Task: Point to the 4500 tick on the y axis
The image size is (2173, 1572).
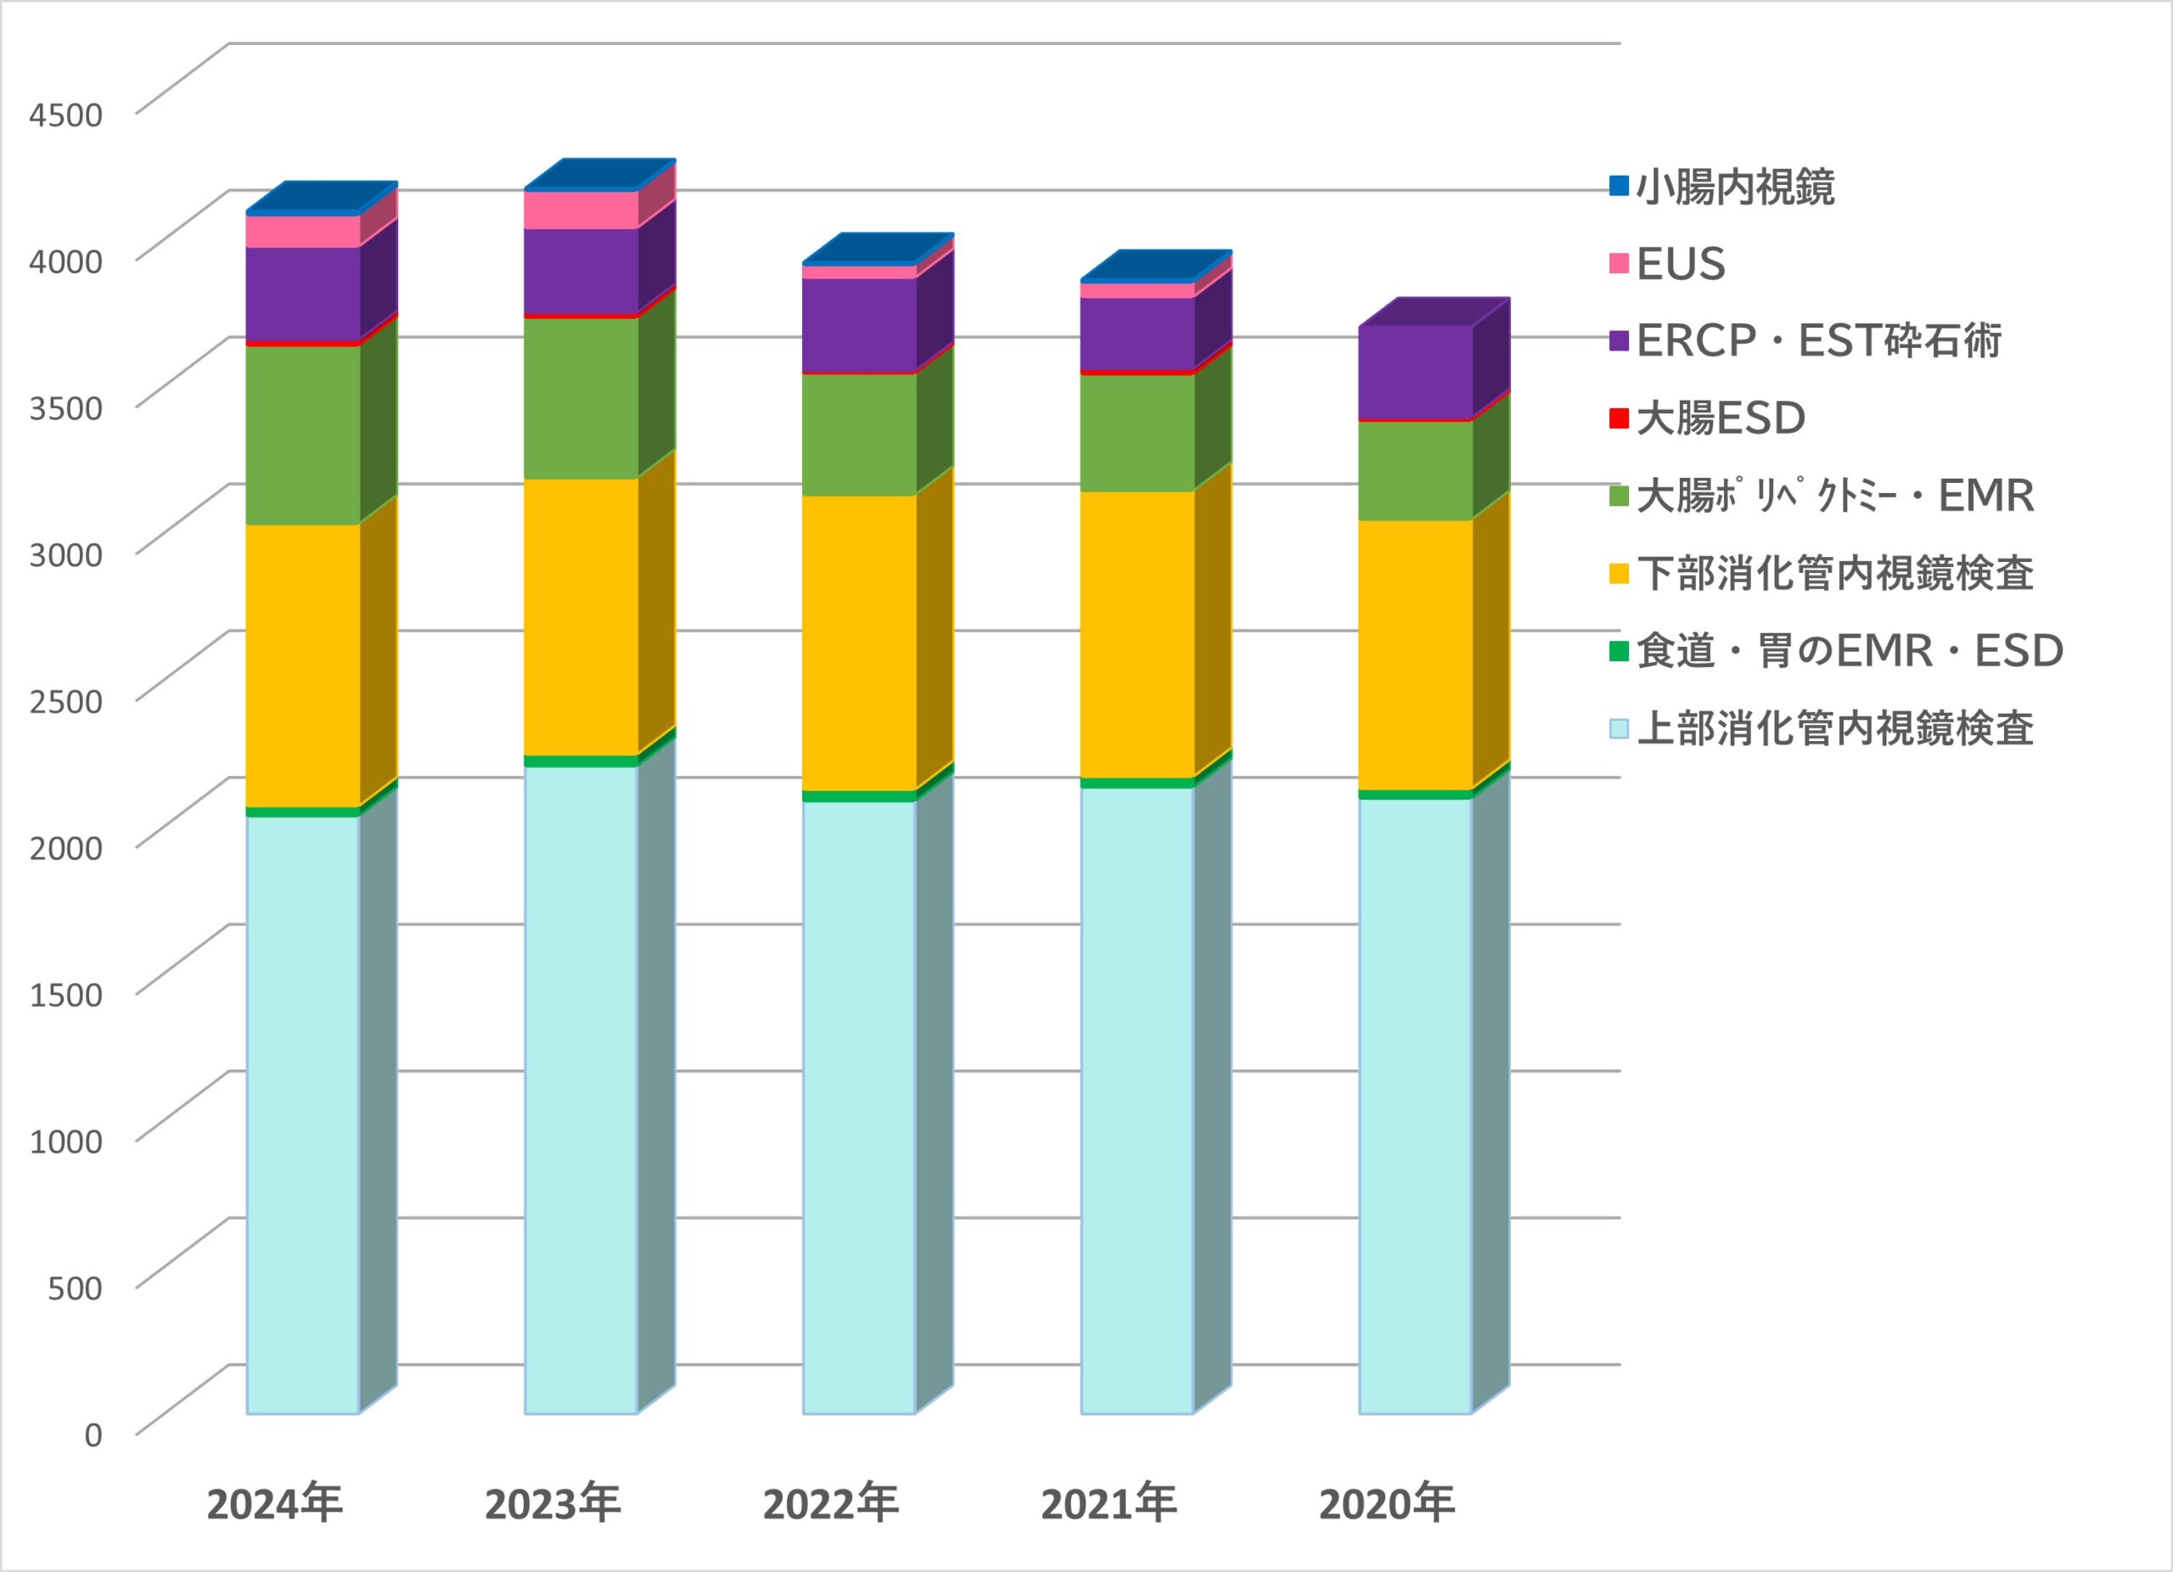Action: click(x=65, y=115)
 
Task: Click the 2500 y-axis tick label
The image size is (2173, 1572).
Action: click(x=65, y=701)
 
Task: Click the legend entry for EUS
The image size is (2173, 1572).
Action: click(x=1681, y=264)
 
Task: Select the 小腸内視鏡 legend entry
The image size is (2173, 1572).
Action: click(x=1735, y=187)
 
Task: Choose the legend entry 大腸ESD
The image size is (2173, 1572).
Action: click(x=1721, y=418)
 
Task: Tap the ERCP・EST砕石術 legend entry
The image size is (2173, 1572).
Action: click(x=1818, y=341)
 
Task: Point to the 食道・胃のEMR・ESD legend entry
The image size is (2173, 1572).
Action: click(x=1849, y=651)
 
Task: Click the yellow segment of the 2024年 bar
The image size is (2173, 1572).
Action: click(x=303, y=665)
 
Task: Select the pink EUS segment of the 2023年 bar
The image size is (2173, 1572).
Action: click(x=581, y=210)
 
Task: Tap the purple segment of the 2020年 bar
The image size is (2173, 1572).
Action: click(x=1415, y=372)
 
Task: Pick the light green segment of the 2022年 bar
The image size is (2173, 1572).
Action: click(x=858, y=434)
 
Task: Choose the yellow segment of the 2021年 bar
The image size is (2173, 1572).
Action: click(x=1137, y=634)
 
